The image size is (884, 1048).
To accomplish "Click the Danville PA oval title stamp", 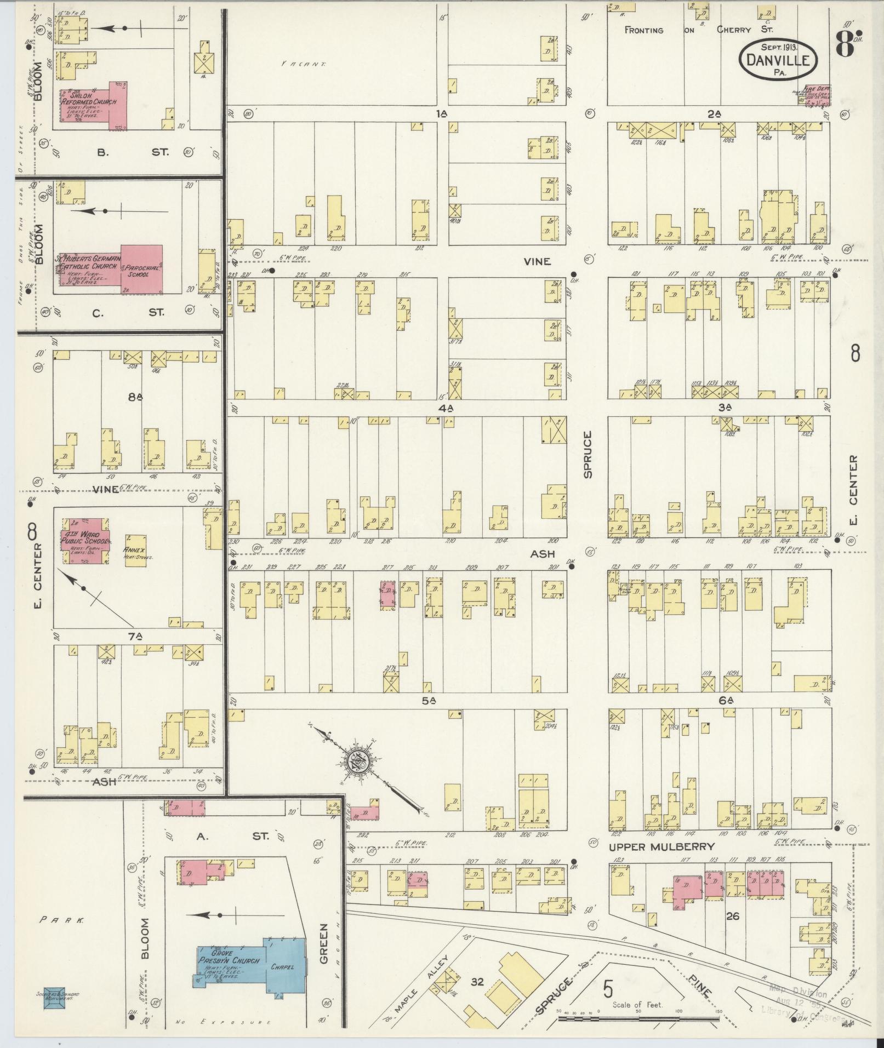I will (x=778, y=59).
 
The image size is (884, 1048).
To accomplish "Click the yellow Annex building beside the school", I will (x=135, y=549).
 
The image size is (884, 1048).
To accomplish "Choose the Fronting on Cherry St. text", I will (x=699, y=30).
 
